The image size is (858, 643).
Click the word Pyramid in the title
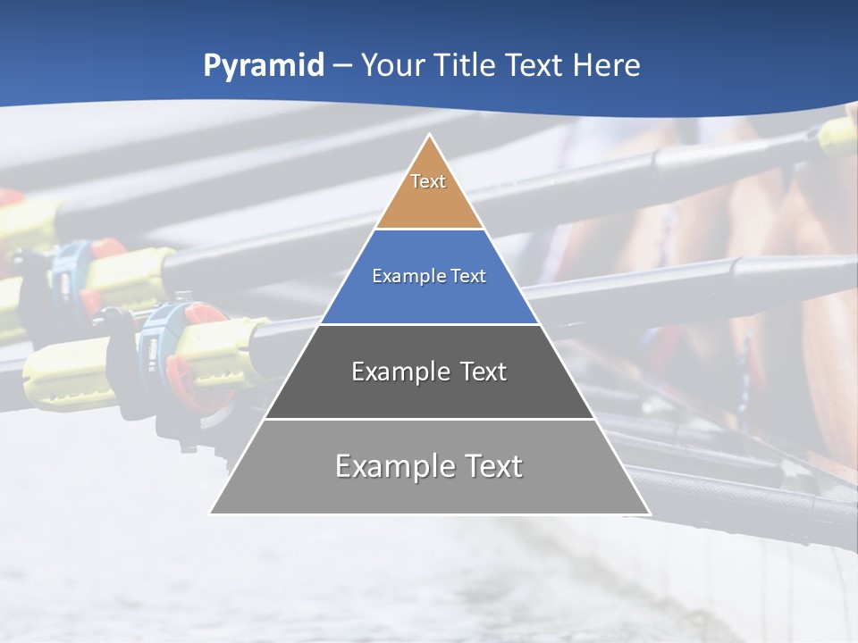tap(263, 66)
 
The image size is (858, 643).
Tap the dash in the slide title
tap(342, 66)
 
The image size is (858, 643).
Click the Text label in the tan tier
tap(428, 181)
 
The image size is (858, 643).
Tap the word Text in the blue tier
tap(469, 277)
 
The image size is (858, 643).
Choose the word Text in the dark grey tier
tap(484, 372)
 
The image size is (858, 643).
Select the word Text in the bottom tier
tap(492, 466)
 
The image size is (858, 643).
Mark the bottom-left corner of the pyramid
tap(211, 514)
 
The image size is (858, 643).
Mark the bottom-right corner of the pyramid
tap(649, 514)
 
